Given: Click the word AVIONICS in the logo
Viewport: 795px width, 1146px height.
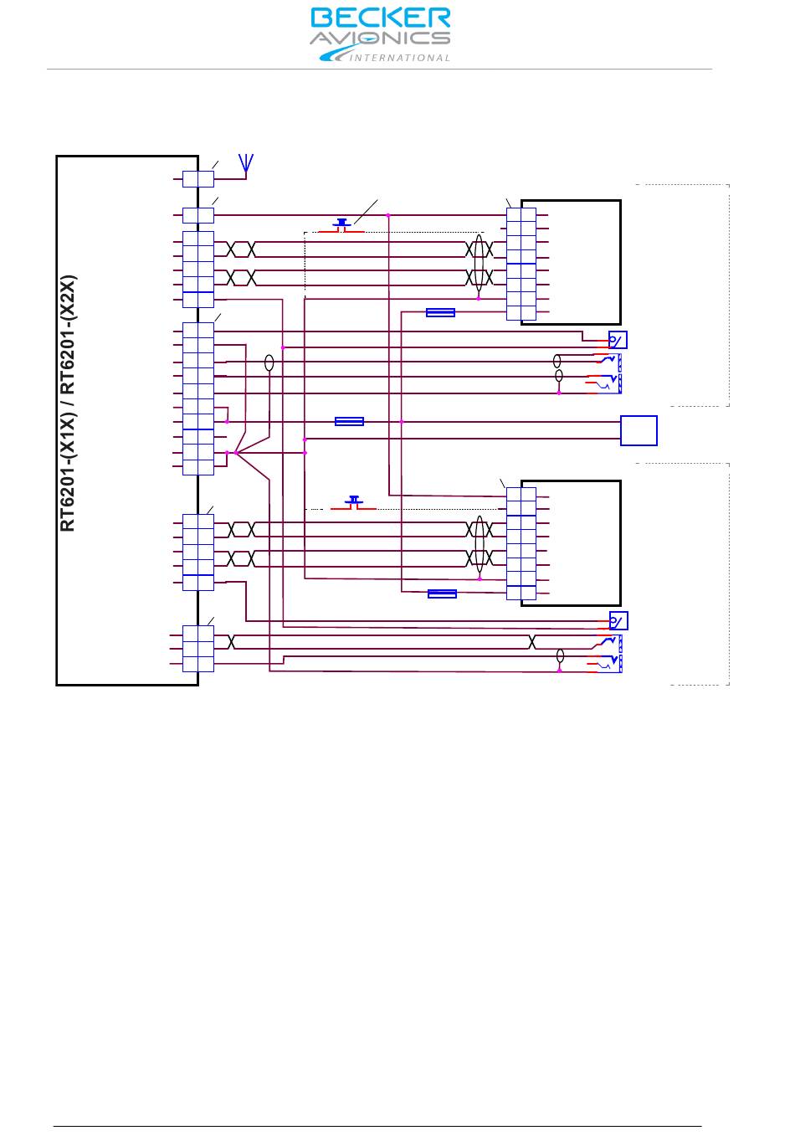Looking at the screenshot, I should pyautogui.click(x=380, y=39).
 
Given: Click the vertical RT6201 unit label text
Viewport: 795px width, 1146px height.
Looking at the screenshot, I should pyautogui.click(x=69, y=403).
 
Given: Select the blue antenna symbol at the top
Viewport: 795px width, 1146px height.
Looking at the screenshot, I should pyautogui.click(x=245, y=162).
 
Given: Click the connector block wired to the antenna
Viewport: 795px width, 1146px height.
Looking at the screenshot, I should pyautogui.click(x=198, y=178).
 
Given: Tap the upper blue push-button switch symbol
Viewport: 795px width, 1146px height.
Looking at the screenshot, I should pyautogui.click(x=341, y=224).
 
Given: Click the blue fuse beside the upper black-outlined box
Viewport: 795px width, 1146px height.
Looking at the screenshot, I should pyautogui.click(x=440, y=313).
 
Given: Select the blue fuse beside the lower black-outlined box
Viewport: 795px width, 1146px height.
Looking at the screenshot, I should pyautogui.click(x=442, y=594).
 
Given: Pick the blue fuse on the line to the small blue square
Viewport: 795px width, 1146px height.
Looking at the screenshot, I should pyautogui.click(x=349, y=421).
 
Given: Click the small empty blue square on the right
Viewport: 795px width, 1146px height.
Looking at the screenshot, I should pyautogui.click(x=639, y=430).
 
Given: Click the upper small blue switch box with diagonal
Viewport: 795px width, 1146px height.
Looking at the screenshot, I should pyautogui.click(x=618, y=340).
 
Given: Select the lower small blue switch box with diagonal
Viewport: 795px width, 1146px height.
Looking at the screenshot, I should pyautogui.click(x=618, y=620).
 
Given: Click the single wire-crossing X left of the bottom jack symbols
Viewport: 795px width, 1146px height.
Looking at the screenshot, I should pyautogui.click(x=532, y=642).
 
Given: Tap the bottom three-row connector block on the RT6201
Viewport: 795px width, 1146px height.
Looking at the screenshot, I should pyautogui.click(x=198, y=649).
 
